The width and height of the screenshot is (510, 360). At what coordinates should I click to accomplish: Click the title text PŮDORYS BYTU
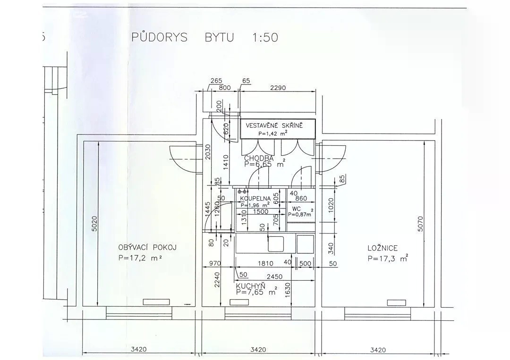(182, 37)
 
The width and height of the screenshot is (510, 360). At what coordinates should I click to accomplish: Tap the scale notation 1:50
(265, 37)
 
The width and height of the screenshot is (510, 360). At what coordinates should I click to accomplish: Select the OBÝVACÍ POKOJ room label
(147, 248)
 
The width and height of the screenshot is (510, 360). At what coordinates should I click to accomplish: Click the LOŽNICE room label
(382, 248)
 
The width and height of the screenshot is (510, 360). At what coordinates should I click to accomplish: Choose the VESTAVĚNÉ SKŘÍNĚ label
(274, 126)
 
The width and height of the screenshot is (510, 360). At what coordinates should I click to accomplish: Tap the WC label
(296, 209)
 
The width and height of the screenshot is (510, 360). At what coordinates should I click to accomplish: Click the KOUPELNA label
(255, 198)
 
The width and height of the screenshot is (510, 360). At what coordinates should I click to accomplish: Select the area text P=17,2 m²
(141, 258)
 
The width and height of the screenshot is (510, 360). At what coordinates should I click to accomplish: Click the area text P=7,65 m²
(257, 292)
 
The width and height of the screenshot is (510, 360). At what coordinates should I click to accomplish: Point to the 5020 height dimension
(94, 224)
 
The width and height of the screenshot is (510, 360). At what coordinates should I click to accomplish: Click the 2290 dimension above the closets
(278, 88)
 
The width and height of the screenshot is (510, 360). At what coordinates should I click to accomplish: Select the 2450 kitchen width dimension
(274, 277)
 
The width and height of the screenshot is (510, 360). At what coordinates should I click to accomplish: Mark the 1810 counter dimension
(265, 263)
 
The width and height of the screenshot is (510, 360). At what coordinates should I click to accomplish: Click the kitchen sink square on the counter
(276, 243)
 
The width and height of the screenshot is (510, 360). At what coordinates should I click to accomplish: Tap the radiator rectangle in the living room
(156, 302)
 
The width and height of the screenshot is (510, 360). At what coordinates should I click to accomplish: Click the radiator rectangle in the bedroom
(397, 302)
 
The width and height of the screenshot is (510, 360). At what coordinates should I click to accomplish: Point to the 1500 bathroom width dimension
(261, 212)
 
